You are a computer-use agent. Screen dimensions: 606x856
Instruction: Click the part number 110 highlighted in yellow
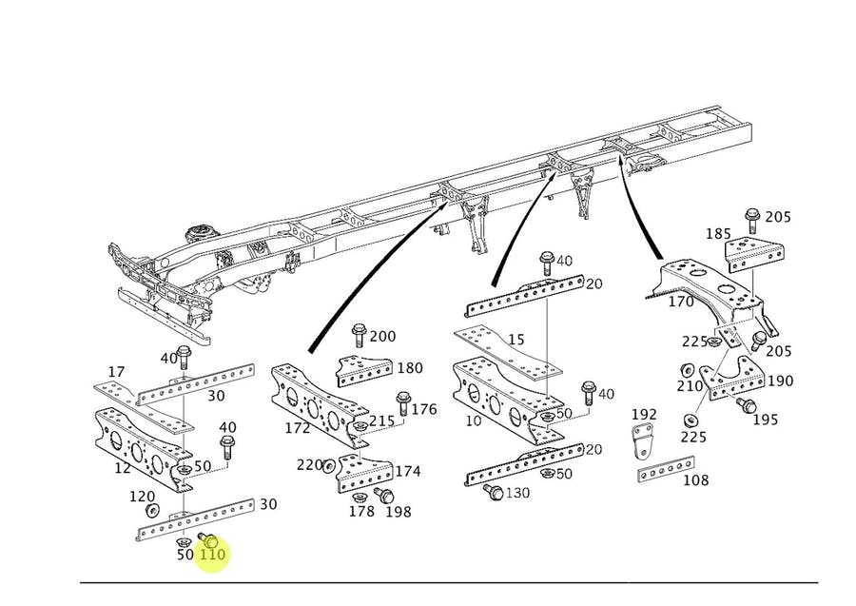click(x=212, y=554)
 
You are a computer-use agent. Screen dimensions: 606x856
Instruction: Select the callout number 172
click(x=298, y=428)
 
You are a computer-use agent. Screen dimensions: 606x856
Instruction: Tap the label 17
click(x=116, y=372)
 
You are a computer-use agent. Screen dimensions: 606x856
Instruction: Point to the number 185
click(x=718, y=233)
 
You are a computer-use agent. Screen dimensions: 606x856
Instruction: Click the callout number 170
click(x=681, y=303)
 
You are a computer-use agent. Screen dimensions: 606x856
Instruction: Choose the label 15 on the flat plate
click(x=516, y=340)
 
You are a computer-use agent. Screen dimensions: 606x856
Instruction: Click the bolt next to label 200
click(x=359, y=334)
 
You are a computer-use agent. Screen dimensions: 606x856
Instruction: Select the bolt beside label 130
click(x=493, y=492)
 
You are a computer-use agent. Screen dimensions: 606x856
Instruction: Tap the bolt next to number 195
click(x=746, y=407)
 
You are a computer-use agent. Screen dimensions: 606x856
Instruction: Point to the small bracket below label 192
click(x=645, y=440)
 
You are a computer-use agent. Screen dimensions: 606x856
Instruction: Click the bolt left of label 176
click(x=401, y=408)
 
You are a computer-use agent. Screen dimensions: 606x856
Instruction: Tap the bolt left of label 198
click(x=383, y=495)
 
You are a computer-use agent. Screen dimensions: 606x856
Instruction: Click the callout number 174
click(x=408, y=471)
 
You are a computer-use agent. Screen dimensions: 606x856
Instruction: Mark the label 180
click(x=410, y=368)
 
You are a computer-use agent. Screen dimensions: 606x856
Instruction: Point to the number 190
click(x=780, y=381)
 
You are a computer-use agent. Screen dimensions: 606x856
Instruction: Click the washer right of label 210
click(x=686, y=371)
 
